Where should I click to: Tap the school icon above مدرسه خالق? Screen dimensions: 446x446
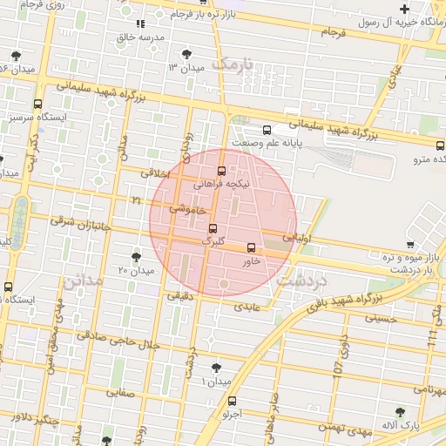(140, 24)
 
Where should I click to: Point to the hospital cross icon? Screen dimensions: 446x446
(404, 9)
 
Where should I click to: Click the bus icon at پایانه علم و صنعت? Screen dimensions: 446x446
(267, 131)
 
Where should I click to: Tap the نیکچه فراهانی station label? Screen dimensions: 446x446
(226, 185)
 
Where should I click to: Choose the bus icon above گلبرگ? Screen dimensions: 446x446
(213, 228)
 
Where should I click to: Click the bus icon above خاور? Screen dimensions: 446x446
(252, 247)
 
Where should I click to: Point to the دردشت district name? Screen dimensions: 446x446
(300, 281)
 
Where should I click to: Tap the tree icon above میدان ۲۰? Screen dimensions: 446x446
(136, 256)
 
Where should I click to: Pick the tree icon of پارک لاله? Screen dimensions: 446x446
(400, 412)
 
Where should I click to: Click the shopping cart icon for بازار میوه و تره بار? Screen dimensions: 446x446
(410, 245)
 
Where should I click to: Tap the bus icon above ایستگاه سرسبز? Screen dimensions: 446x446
(37, 103)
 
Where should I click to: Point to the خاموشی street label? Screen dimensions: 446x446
(188, 210)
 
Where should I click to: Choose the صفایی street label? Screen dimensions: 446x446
(119, 393)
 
